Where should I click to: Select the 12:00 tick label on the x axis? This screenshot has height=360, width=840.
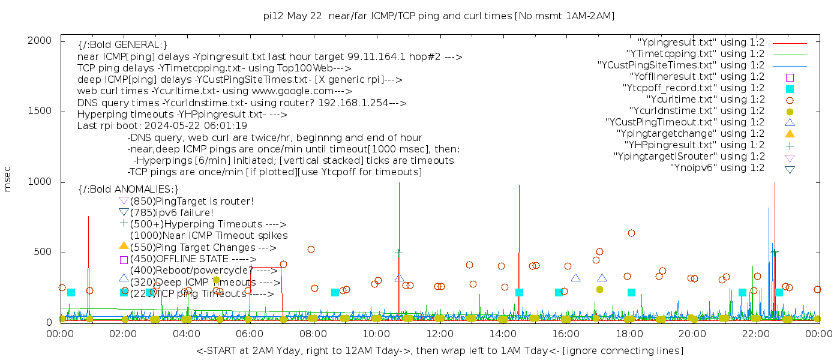pyautogui.click(x=439, y=334)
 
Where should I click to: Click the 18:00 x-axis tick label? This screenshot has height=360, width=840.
pyautogui.click(x=628, y=334)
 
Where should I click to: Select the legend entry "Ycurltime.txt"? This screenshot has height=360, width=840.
pyautogui.click(x=705, y=100)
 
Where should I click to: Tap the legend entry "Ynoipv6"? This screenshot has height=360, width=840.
pyautogui.click(x=717, y=168)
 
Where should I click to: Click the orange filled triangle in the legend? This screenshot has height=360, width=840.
pyautogui.click(x=790, y=134)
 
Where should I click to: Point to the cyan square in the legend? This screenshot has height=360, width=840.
pyautogui.click(x=790, y=88)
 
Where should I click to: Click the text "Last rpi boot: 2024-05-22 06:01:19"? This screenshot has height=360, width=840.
pyautogui.click(x=162, y=126)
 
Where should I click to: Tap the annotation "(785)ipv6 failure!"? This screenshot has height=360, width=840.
pyautogui.click(x=172, y=212)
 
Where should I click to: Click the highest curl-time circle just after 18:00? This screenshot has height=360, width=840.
pyautogui.click(x=631, y=233)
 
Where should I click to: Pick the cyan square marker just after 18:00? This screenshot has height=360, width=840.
pyautogui.click(x=631, y=293)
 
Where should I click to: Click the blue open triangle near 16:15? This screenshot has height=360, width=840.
pyautogui.click(x=575, y=278)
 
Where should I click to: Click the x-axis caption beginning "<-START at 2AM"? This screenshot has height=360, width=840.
pyautogui.click(x=439, y=350)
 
